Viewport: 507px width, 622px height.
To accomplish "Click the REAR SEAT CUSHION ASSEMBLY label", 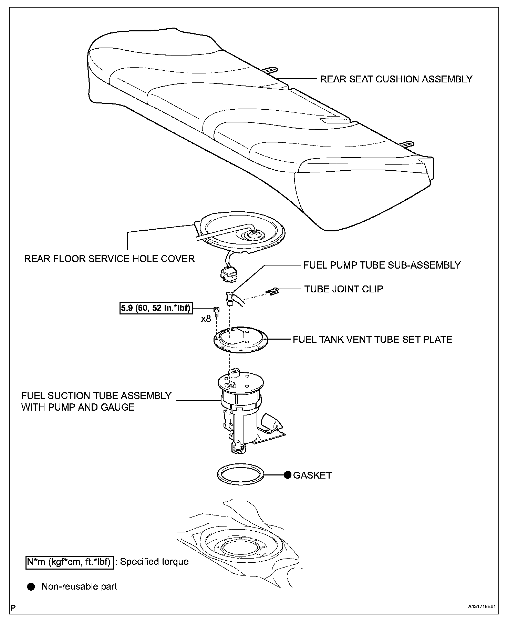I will [396, 79].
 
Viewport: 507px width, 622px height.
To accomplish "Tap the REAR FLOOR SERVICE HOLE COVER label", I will [109, 259].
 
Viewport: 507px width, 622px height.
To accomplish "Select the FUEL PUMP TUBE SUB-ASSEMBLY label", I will [382, 265].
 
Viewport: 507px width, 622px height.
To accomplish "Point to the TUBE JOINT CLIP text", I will [343, 289].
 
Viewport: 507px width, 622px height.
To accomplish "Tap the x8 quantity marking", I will [206, 319].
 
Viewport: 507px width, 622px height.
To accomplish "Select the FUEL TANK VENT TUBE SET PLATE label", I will [372, 339].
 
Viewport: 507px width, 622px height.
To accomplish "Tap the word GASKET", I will [312, 475].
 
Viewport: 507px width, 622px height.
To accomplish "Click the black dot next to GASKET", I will [288, 475].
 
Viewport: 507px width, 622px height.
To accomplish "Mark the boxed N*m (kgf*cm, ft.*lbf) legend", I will [70, 562].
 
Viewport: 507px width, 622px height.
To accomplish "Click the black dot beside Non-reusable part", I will [31, 587].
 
